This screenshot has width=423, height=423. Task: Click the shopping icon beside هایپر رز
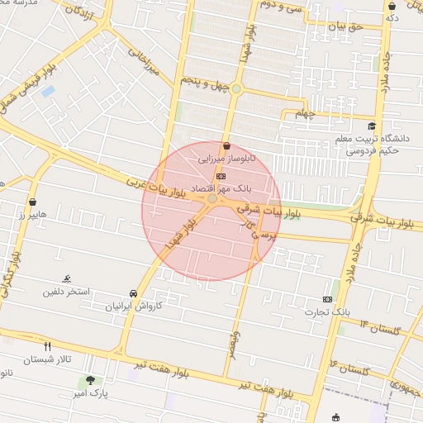click(32, 201)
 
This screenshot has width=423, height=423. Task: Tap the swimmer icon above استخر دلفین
click(66, 279)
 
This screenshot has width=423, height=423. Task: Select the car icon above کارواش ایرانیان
click(133, 293)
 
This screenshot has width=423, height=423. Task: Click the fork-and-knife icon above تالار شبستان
click(47, 346)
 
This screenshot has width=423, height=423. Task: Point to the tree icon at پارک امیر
click(90, 380)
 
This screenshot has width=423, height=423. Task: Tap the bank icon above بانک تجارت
click(328, 299)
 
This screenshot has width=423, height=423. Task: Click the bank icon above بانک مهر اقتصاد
click(220, 176)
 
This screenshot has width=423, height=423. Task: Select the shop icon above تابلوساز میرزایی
click(226, 145)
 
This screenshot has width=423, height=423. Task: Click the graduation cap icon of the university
click(372, 126)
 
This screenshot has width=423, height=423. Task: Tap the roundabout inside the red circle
click(212, 198)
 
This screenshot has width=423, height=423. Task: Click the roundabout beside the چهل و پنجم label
click(236, 88)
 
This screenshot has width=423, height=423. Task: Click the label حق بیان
click(346, 27)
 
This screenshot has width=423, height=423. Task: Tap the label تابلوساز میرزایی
click(226, 156)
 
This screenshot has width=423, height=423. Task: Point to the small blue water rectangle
click(48, 90)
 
